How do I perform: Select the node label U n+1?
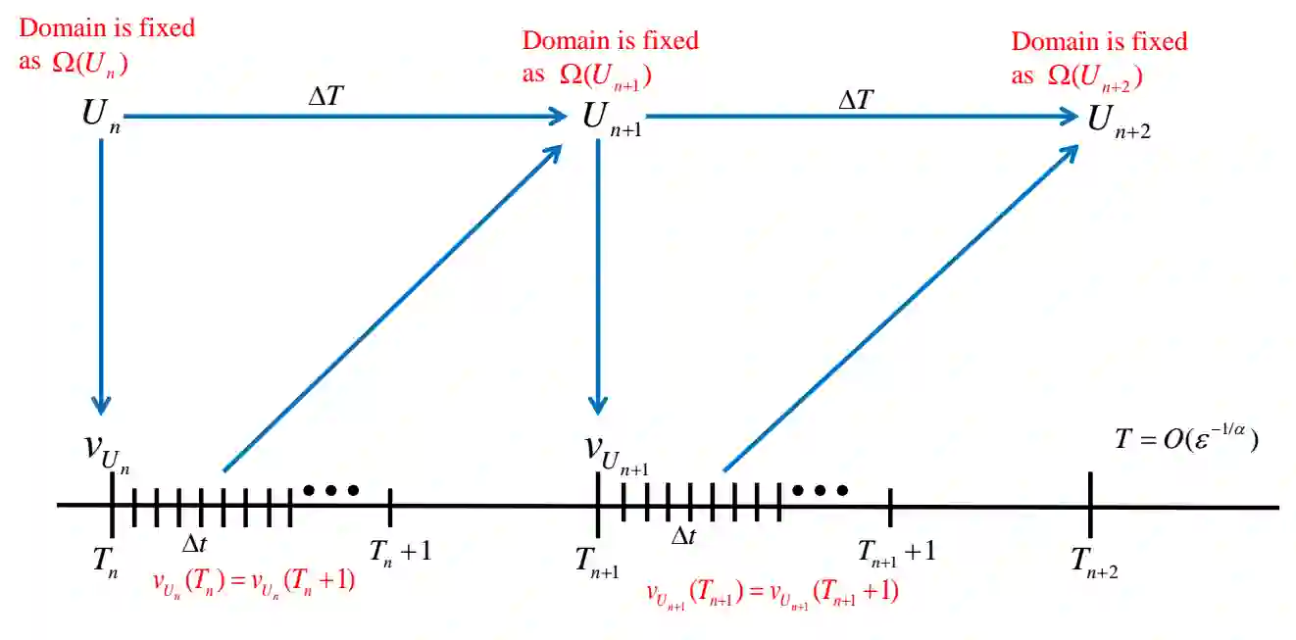click(611, 119)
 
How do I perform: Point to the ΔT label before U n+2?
click(857, 99)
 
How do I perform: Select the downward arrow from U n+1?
click(598, 274)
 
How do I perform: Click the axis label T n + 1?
click(400, 552)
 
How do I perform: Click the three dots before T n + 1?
click(331, 489)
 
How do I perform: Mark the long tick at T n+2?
click(1091, 506)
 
